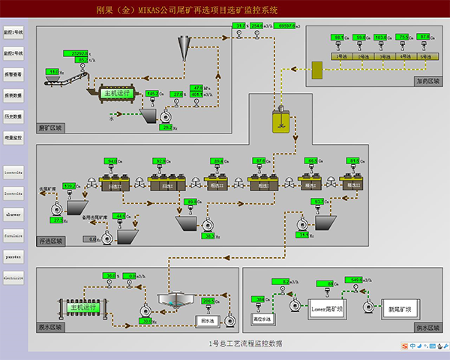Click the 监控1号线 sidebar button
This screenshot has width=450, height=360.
tap(13, 33)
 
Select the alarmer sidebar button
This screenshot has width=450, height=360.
tap(13, 213)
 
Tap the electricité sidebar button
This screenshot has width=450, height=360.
tap(13, 277)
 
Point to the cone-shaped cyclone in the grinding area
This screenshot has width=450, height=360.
tap(183, 51)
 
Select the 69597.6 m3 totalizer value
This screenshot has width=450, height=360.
tap(287, 25)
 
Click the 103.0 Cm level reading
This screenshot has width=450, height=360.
tap(382, 37)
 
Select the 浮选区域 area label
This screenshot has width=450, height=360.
tap(50, 241)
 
